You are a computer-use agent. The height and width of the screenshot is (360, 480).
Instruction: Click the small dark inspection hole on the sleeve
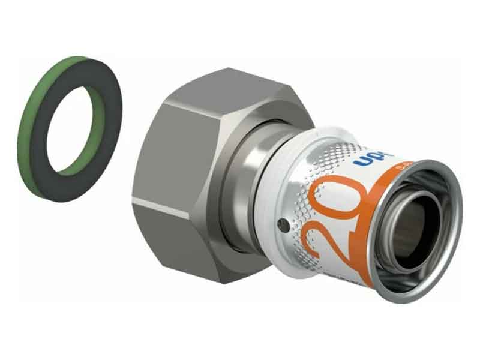coord(283,226)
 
